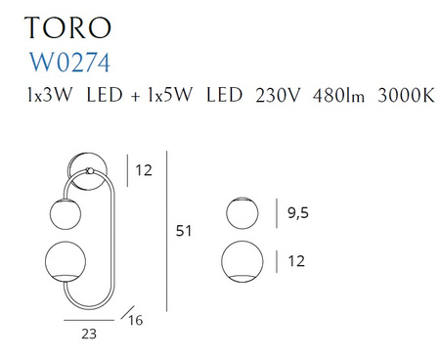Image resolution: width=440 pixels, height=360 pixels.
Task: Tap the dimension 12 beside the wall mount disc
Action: pos(144,171)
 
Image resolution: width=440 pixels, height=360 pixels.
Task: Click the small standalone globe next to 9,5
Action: pos(242,213)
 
